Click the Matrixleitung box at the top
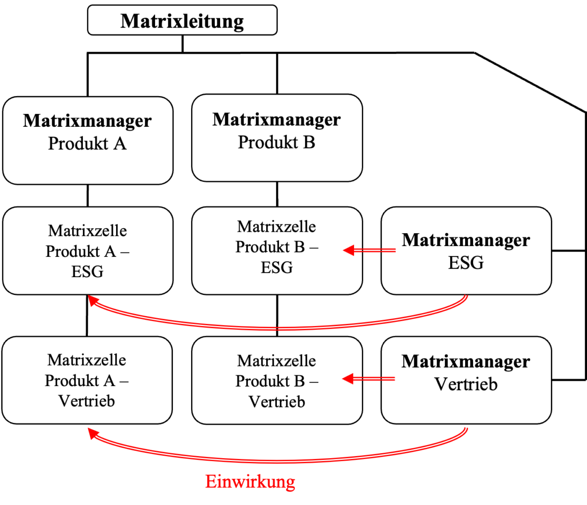182,20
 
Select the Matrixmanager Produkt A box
87,140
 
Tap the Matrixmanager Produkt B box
277,138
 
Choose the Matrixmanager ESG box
466,251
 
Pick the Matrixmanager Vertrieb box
466,380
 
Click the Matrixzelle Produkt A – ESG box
87,251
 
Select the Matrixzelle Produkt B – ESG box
277,251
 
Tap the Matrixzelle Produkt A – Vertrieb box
87,380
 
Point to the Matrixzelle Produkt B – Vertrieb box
277,380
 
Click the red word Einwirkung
250,481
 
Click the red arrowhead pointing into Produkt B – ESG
349,250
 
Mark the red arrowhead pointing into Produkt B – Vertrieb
348,379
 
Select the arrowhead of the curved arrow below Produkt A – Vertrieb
93,433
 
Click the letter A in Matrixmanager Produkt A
120,144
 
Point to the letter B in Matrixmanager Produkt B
309,143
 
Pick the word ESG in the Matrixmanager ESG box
466,262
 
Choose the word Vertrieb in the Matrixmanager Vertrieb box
466,384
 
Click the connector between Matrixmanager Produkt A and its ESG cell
87,196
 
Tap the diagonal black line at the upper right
530,82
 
